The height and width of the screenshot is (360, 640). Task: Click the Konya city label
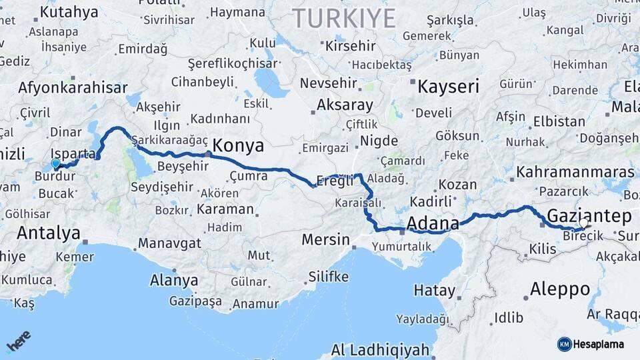[238, 146]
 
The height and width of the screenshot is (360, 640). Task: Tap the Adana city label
[432, 223]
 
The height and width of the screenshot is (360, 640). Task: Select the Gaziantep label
[589, 215]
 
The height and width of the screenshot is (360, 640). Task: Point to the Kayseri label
[448, 86]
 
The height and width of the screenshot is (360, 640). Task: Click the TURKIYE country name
[344, 18]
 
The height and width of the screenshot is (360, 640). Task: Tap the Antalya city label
[48, 233]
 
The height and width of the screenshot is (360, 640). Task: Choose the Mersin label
[325, 239]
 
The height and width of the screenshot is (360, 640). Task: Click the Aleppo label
[559, 289]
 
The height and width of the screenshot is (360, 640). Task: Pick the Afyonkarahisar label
[73, 87]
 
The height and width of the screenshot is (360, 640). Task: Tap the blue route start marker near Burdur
[55, 163]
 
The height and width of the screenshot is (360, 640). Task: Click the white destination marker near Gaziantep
[584, 224]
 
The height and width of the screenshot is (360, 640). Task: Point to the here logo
[18, 342]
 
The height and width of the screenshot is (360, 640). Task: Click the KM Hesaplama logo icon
[564, 344]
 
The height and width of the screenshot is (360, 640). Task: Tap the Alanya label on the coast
[174, 280]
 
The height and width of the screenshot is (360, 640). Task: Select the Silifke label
[328, 276]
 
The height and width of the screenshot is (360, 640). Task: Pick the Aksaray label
[345, 105]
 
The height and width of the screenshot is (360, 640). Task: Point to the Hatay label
[435, 291]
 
